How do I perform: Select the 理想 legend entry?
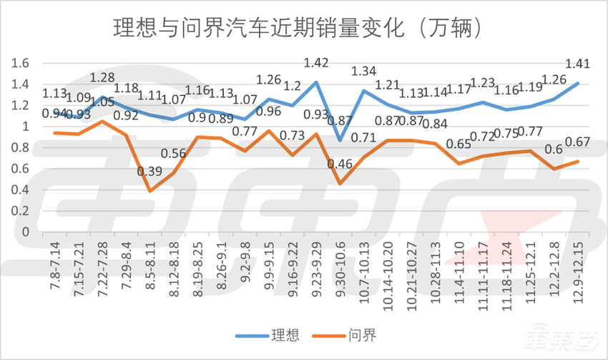click(x=270, y=335)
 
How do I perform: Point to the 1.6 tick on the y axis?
click(x=19, y=63)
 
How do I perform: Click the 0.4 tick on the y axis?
click(x=19, y=190)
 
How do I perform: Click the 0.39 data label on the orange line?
click(x=149, y=172)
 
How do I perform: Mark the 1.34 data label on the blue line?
click(x=363, y=72)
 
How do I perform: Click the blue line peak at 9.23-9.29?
click(x=315, y=82)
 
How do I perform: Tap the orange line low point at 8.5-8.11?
click(x=150, y=190)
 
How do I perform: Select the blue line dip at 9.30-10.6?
click(x=339, y=140)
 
